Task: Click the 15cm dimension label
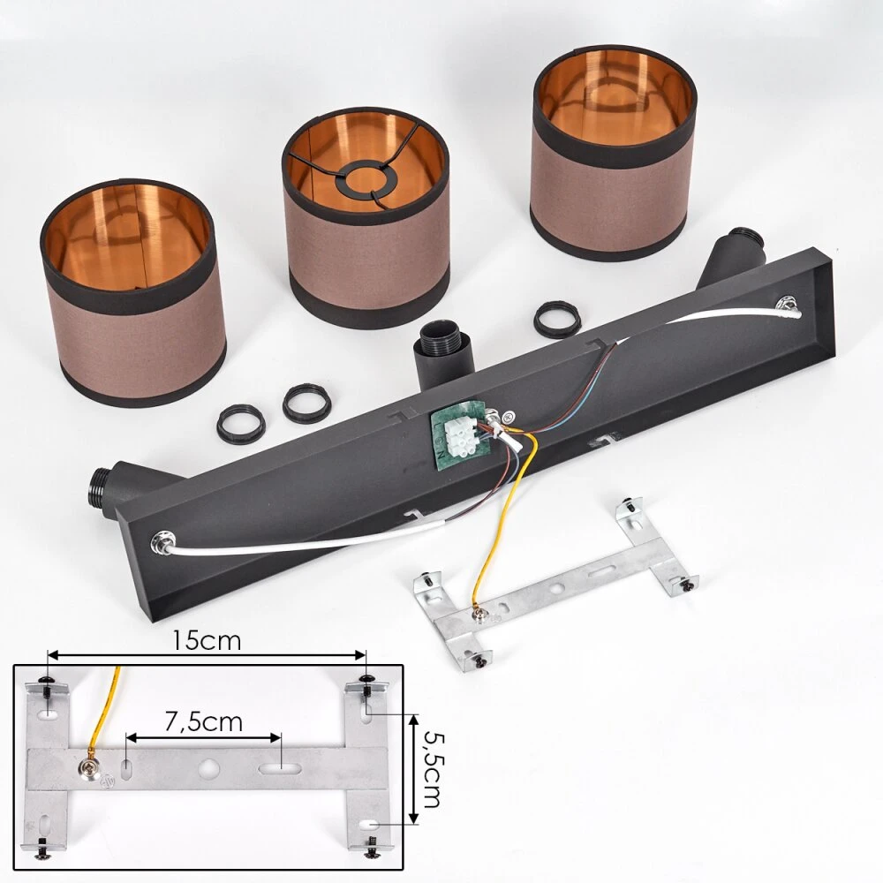point(206,640)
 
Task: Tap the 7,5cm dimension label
point(203,721)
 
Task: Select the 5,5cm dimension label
point(430,768)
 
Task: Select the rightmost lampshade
point(615,153)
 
